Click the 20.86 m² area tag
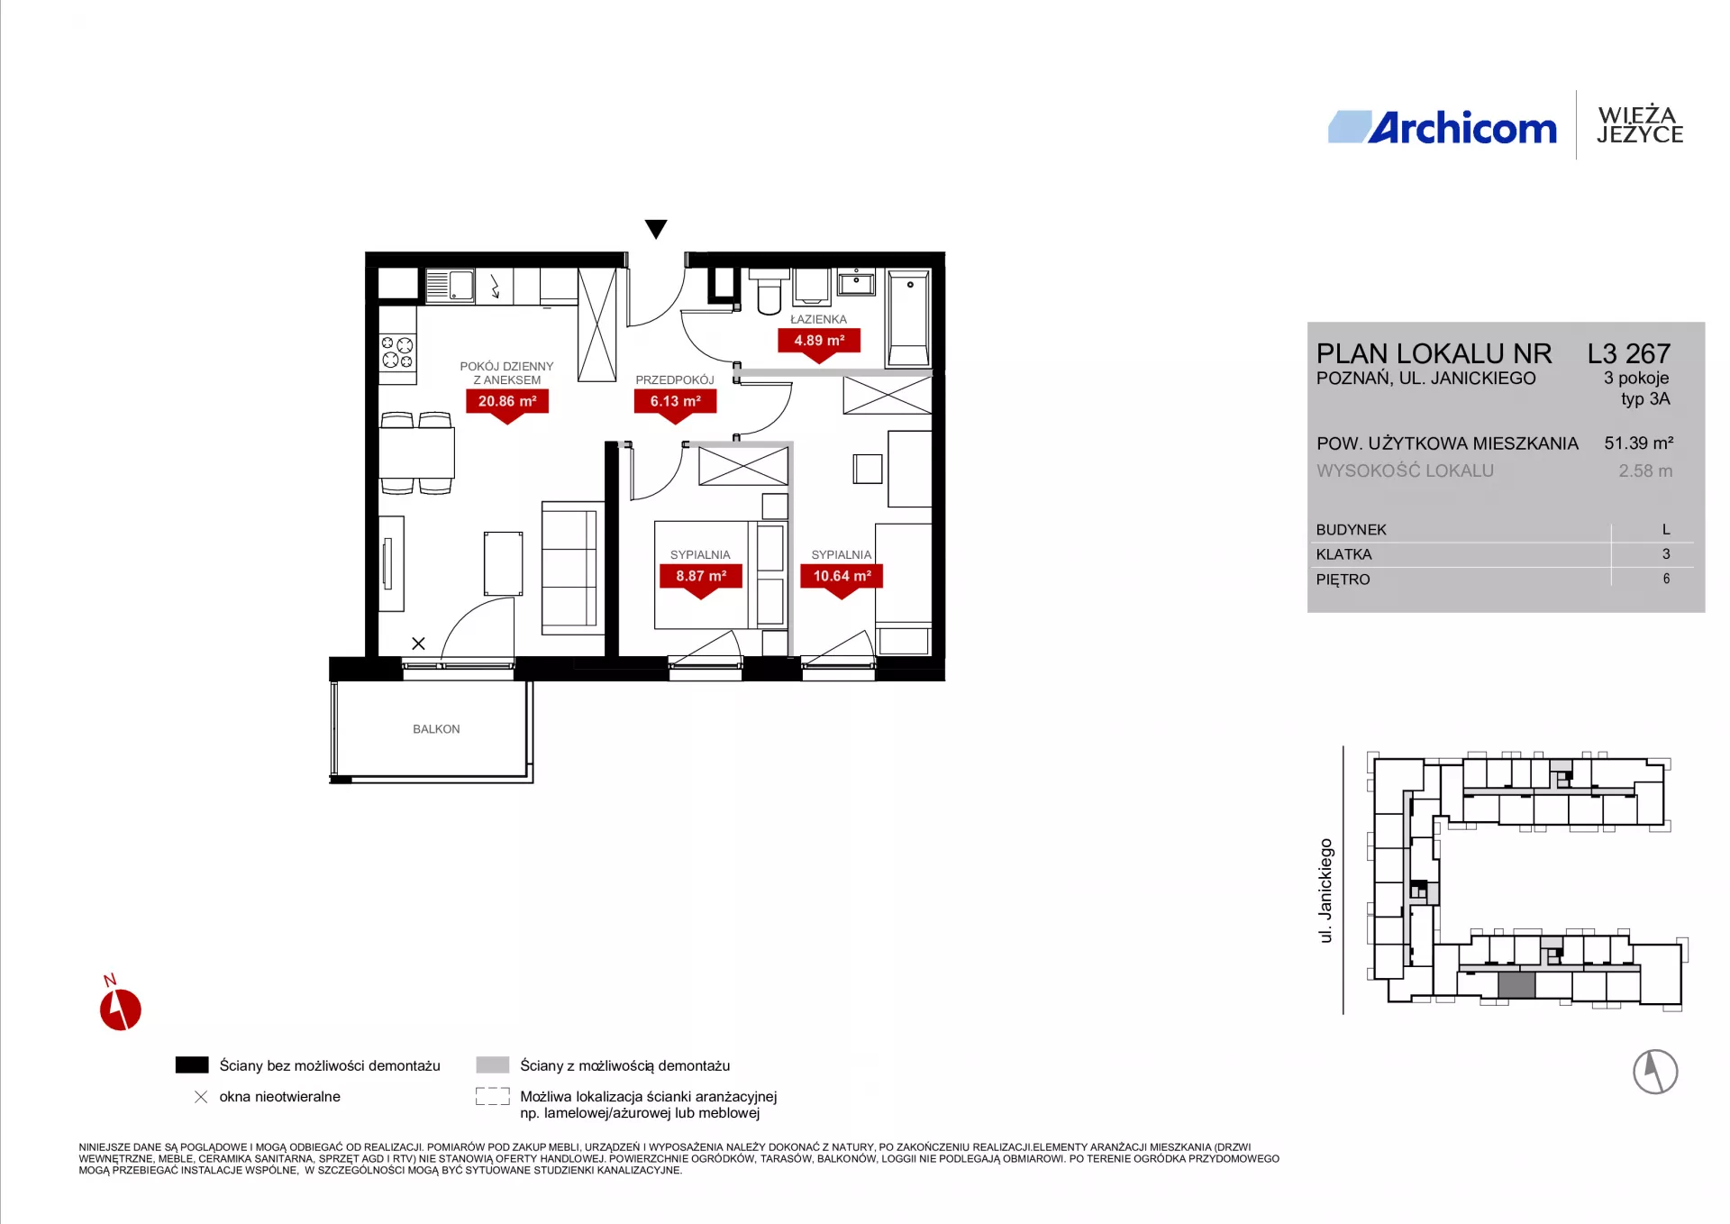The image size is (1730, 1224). pos(507,402)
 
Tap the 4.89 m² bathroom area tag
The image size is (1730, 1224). pos(819,341)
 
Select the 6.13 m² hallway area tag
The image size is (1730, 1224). pos(676,402)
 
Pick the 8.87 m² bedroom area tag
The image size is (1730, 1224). pos(701,576)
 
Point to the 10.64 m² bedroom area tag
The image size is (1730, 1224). pos(842,576)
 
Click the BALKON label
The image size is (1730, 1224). pos(436,729)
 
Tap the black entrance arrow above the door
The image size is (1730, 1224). pos(656,229)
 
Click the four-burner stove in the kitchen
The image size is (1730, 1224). pos(397,352)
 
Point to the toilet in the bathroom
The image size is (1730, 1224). pos(769,290)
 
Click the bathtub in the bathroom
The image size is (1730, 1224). pos(908,318)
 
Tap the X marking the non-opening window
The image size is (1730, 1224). pos(418,644)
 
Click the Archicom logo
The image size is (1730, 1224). pos(1443,128)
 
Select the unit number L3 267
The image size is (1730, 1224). pos(1629,353)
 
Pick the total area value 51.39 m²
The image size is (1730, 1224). pos(1639,443)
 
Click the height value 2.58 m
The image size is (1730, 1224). pos(1645,470)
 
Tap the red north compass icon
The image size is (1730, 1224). pos(120,1009)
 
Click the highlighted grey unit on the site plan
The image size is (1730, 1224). pos(1516,984)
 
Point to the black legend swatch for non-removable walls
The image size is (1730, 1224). pos(192,1064)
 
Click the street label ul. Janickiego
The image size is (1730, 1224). pos(1325,891)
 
